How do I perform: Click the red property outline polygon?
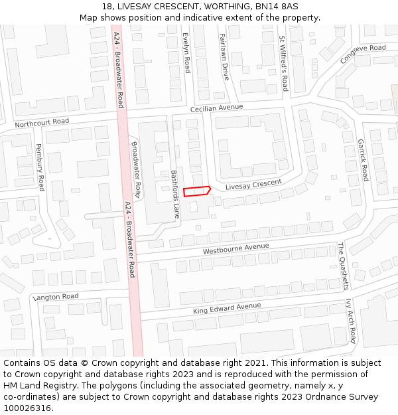point(196,191)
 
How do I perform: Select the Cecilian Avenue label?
point(216,108)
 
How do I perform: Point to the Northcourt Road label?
point(42,123)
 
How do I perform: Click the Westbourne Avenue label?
point(235,249)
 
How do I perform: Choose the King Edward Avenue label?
point(227,308)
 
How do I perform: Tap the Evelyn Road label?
point(186,52)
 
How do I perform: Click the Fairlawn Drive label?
point(224,57)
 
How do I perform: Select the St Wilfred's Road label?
point(283,64)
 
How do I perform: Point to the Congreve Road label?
point(362,54)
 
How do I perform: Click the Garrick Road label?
point(363,160)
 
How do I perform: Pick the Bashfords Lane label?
point(174,193)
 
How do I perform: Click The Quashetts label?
point(342,266)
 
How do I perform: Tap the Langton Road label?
point(56,297)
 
